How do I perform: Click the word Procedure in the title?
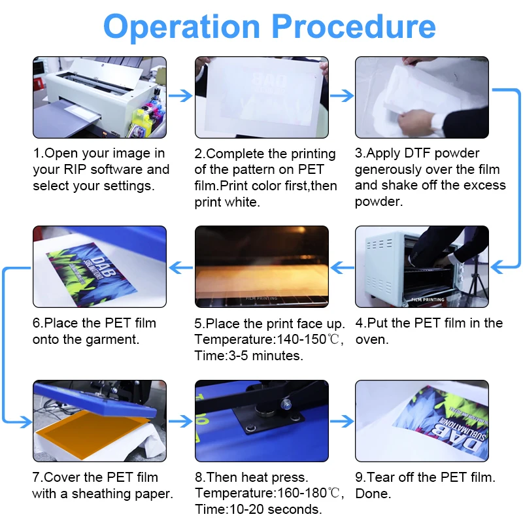point(354,27)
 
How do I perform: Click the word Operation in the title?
point(182,27)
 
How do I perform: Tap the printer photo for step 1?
point(100,97)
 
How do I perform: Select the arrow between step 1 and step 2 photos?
point(180,96)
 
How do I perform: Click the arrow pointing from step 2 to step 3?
point(342,96)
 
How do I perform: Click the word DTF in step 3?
point(417,153)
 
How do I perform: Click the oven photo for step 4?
point(422,267)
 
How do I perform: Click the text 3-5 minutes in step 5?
point(265,356)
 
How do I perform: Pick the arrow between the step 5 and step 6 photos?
point(181,267)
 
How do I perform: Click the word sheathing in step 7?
point(102,494)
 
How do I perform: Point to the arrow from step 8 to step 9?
point(342,421)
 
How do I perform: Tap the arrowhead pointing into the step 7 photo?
point(26,422)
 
